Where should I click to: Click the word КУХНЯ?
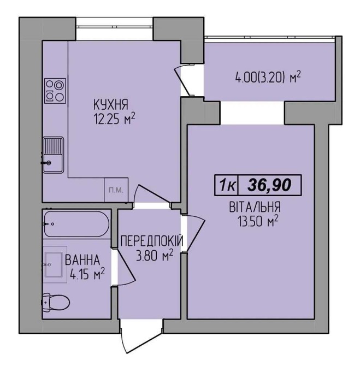click(111, 104)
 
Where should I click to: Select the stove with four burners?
click(55, 91)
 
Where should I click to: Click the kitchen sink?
click(53, 155)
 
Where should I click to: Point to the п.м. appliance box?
click(116, 190)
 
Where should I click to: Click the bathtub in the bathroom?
click(76, 224)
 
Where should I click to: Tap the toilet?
click(56, 303)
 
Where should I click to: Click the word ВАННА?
click(82, 260)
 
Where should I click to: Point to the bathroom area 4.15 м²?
click(87, 274)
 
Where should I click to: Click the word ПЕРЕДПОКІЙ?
click(152, 241)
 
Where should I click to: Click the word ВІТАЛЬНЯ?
click(255, 207)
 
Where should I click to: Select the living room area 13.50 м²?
click(258, 221)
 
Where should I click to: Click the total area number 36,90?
click(269, 185)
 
